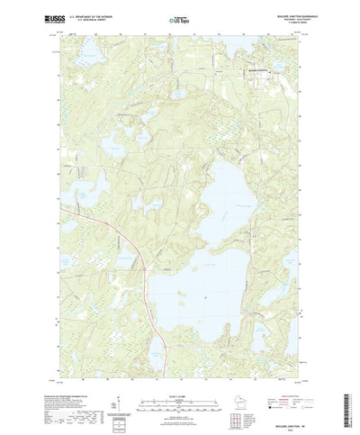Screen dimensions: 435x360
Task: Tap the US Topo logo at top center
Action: [179, 17]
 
